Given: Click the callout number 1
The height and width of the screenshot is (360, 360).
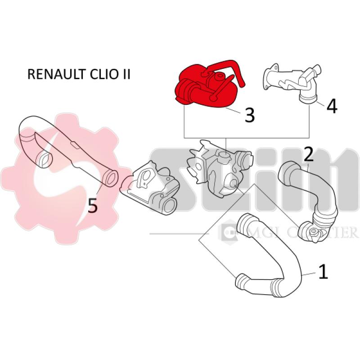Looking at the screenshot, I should point(323,272).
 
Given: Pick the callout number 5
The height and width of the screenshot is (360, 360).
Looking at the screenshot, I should point(92,206).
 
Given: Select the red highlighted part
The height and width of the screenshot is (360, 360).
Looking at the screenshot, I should point(202,88).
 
